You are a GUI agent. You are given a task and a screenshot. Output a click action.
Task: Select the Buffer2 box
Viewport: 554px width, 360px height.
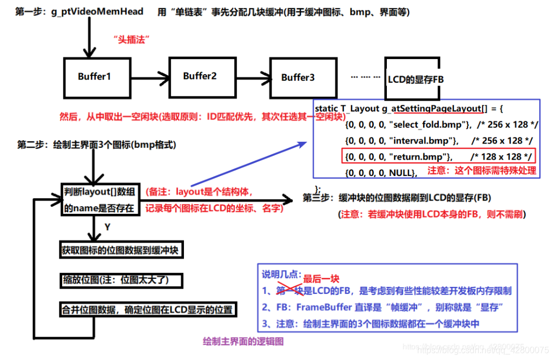200,76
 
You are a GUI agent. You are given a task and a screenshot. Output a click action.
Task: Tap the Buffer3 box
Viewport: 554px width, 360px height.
298,77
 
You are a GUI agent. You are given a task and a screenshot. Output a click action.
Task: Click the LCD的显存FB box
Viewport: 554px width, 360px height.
415,79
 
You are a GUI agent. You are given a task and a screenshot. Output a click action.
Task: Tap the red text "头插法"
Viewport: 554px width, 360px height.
131,39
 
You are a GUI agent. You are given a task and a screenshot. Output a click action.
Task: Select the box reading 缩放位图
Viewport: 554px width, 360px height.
122,280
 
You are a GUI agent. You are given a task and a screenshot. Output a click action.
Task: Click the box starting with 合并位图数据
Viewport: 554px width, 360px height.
148,310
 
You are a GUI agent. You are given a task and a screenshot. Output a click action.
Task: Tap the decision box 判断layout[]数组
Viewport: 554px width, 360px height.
100,199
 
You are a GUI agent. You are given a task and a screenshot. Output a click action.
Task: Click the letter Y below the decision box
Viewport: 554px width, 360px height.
107,227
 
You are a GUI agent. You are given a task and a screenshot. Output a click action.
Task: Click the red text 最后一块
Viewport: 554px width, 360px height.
321,279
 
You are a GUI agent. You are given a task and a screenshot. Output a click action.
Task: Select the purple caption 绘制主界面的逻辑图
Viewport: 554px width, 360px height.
243,341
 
